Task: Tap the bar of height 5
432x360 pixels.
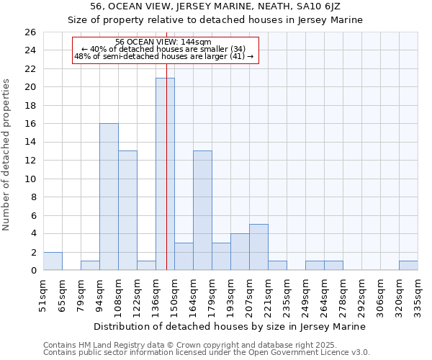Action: click(x=258, y=247)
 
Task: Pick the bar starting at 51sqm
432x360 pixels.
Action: click(x=53, y=261)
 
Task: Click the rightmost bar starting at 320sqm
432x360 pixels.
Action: click(x=408, y=266)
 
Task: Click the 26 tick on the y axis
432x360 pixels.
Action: click(x=30, y=32)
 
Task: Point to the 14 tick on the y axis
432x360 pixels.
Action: click(x=30, y=142)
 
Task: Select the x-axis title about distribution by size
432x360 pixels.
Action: click(x=230, y=326)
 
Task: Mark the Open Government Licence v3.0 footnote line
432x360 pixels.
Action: click(x=207, y=353)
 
